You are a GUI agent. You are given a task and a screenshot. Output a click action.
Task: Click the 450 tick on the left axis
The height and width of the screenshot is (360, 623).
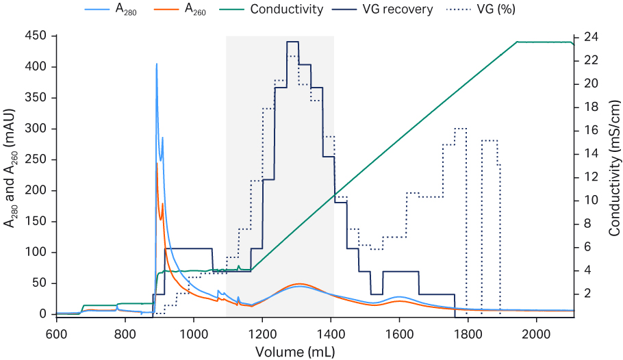[41, 36]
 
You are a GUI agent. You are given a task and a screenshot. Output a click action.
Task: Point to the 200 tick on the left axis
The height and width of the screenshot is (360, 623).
[41, 190]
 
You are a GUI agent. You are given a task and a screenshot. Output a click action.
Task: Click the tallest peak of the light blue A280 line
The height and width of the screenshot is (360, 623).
[157, 64]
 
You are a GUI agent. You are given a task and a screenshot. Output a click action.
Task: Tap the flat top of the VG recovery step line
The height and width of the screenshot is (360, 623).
[292, 42]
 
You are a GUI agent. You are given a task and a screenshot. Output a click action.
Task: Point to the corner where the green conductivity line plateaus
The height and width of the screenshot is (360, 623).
[518, 42]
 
